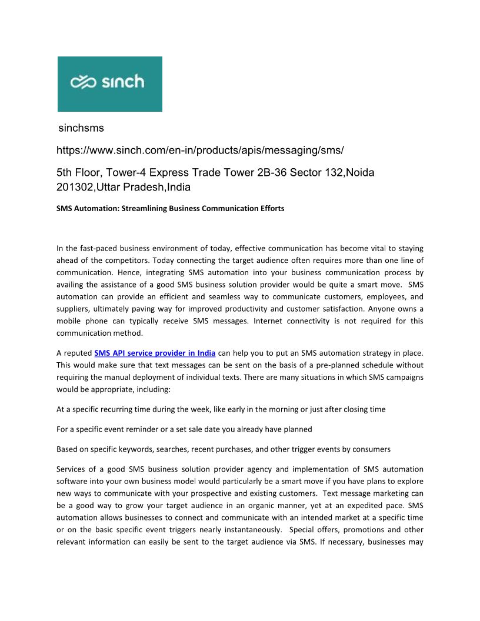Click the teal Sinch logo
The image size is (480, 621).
coord(109,84)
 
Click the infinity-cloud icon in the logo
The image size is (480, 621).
coord(84,82)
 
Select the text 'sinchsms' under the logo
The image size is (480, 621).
coord(81,128)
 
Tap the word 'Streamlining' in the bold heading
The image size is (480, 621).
coord(145,209)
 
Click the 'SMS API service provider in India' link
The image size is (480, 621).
coord(155,353)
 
